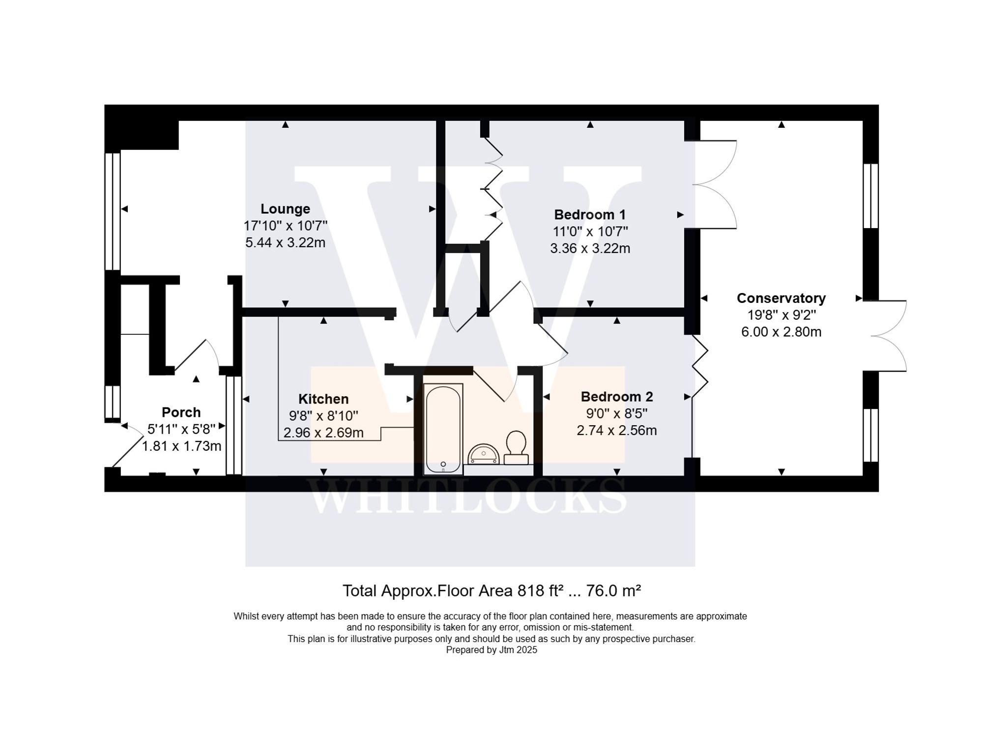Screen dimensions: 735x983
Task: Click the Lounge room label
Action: click(x=285, y=209)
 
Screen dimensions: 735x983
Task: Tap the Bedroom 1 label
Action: click(x=590, y=215)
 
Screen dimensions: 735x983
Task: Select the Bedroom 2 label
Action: click(x=616, y=397)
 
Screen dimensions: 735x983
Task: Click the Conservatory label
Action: click(x=781, y=298)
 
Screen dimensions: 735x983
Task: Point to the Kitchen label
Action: click(x=323, y=399)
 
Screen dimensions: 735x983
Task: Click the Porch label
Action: click(x=181, y=412)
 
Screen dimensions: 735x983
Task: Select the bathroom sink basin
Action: click(x=483, y=454)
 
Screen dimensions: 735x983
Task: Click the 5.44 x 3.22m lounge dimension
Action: click(x=285, y=242)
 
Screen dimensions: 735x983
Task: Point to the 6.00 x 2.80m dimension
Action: click(x=781, y=332)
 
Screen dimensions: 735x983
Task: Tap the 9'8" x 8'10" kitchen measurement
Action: click(x=323, y=416)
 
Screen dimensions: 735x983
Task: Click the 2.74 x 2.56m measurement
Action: click(x=616, y=430)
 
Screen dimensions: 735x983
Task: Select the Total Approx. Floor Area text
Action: click(x=491, y=590)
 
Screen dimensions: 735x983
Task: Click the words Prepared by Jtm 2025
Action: click(x=491, y=650)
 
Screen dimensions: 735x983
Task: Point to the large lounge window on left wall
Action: click(x=113, y=211)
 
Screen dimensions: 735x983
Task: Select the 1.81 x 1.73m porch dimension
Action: click(x=181, y=446)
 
